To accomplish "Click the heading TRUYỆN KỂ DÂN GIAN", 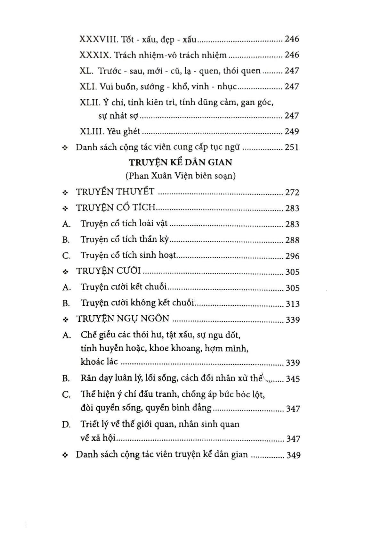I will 181,162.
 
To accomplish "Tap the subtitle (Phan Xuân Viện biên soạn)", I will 181,176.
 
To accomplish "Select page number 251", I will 292,147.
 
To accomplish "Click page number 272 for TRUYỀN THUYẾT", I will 292,192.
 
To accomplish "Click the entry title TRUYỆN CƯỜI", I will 109,271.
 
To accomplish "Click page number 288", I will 292,240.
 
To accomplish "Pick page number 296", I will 292,256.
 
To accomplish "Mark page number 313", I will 293,303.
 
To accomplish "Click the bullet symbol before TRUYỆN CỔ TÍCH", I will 66,209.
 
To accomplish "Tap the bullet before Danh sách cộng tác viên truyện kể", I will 66,455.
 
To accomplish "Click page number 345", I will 293,379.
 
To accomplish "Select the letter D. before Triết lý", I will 66,425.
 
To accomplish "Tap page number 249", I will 292,131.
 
